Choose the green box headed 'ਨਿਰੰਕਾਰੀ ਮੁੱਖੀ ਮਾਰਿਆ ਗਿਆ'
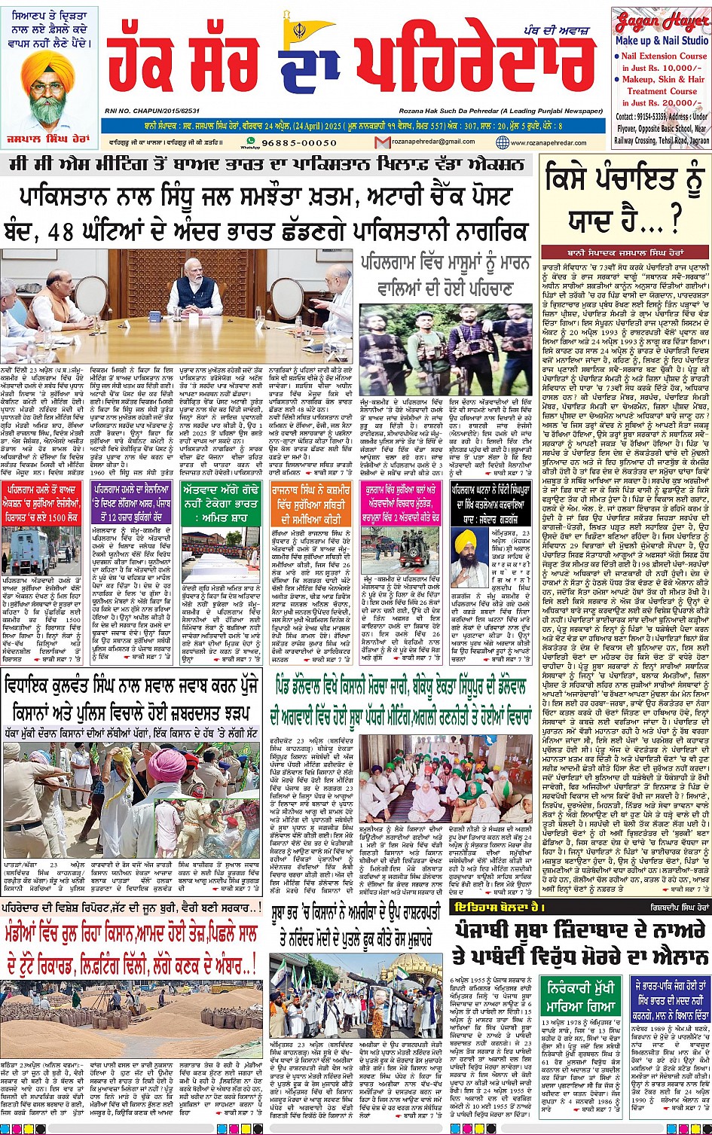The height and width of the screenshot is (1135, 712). pos(580,994)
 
